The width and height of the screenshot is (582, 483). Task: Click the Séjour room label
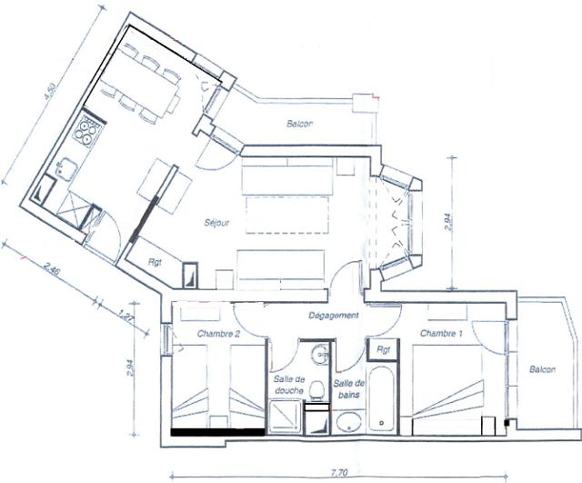[x=217, y=221]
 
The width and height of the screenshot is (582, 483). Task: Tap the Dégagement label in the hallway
[x=335, y=316]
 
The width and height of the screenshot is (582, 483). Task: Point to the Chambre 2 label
[x=218, y=335]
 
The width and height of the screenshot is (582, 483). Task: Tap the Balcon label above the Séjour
[x=301, y=124]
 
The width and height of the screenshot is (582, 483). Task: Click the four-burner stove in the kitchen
[x=87, y=131]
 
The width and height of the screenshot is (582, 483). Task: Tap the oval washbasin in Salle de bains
[x=346, y=421]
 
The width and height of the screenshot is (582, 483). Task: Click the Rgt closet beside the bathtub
[x=384, y=348]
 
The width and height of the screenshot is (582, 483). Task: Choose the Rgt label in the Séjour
[x=156, y=263]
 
